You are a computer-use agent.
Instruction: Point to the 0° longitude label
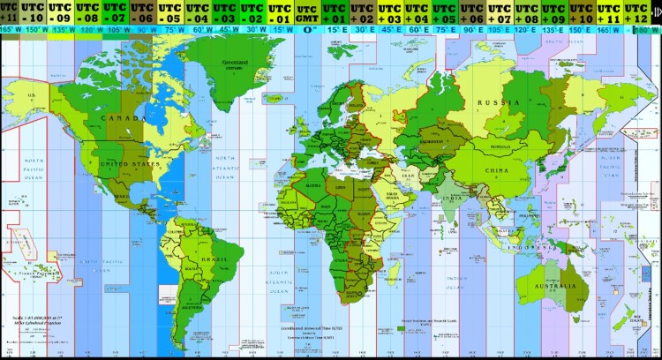pyautogui.click(x=308, y=28)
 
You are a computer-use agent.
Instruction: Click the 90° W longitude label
pyautogui.click(x=144, y=28)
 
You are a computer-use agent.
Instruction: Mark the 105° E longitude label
pyautogui.click(x=500, y=28)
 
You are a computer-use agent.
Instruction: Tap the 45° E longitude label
pyautogui.click(x=390, y=28)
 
